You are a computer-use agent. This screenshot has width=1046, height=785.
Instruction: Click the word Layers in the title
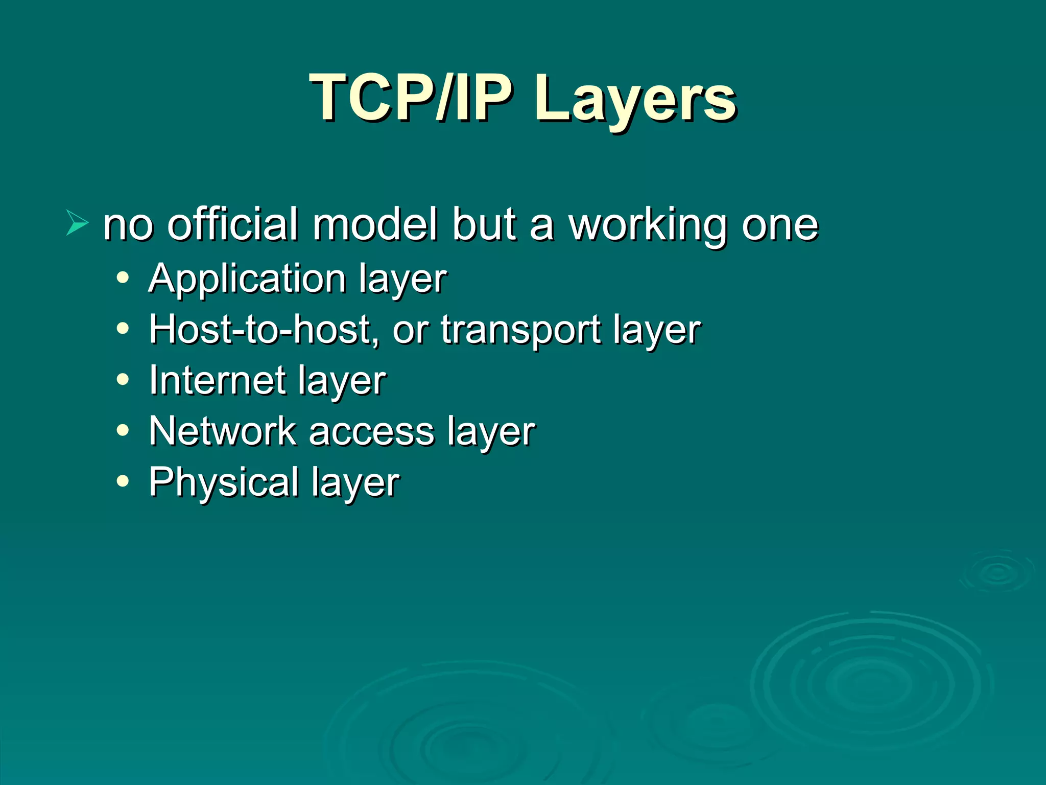[635, 100]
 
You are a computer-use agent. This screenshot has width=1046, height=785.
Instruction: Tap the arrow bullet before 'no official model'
[77, 223]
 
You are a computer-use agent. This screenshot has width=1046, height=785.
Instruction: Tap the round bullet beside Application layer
[123, 278]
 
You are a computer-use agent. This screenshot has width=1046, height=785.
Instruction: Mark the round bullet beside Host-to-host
[123, 329]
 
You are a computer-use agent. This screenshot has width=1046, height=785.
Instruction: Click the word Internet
[217, 380]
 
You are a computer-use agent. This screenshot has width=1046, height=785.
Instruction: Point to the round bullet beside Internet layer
[123, 380]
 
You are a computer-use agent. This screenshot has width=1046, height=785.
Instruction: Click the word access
[371, 432]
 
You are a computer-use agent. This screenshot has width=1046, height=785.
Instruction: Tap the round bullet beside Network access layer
[123, 430]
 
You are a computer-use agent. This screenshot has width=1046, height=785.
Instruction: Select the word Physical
[224, 482]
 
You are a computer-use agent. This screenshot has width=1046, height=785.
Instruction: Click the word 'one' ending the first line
[780, 225]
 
